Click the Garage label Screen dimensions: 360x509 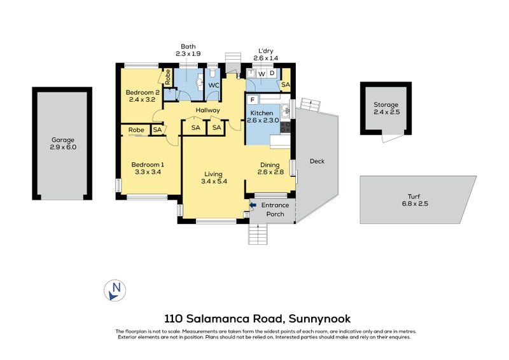[64, 140]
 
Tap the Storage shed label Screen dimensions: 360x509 [386, 105]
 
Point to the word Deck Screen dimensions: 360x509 [317, 161]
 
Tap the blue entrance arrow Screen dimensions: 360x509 [253, 205]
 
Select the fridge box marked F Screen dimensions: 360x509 [253, 100]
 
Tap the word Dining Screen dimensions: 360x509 [270, 163]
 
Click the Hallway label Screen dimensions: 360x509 [207, 110]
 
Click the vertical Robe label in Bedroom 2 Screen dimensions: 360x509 [168, 77]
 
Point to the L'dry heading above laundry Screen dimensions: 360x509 [267, 50]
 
